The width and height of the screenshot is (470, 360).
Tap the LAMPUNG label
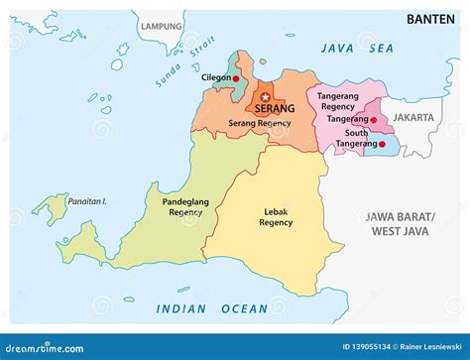162,26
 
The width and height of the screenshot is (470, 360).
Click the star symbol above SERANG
264,96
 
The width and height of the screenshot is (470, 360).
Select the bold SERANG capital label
274,109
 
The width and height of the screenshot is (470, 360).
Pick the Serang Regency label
261,123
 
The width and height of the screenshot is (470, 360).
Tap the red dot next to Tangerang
373,120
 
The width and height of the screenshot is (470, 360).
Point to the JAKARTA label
413,117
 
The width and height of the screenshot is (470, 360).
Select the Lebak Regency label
276,217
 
